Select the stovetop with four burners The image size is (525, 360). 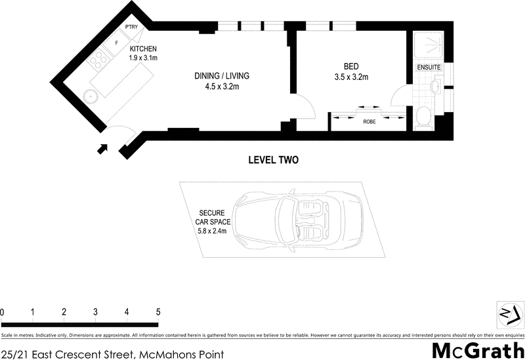coord(100,62)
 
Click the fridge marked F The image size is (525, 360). coord(117,43)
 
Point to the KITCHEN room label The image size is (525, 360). coord(144,50)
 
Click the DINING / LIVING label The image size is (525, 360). coord(222,76)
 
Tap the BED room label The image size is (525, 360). coord(352,66)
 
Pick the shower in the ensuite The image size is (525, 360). coord(427,43)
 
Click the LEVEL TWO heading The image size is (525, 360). coord(274,160)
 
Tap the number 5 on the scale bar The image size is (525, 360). coord(157,312)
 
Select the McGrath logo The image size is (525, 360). coord(478,350)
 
